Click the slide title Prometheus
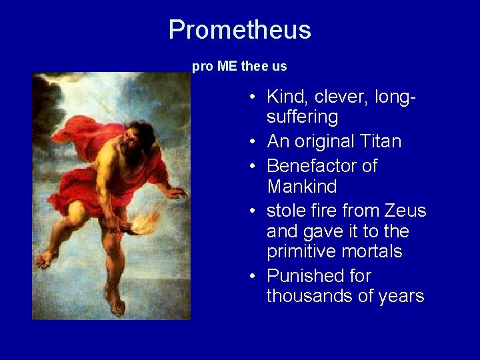(239, 30)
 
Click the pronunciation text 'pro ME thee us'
(239, 67)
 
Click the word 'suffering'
(302, 117)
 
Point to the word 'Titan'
(378, 141)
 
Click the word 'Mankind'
(302, 186)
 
